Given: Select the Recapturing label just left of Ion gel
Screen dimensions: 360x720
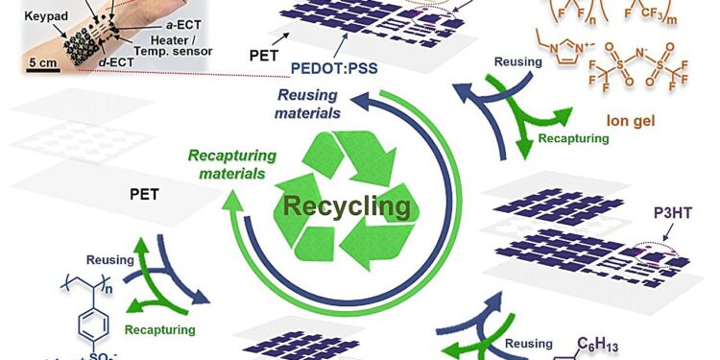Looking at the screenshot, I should coord(577,138).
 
